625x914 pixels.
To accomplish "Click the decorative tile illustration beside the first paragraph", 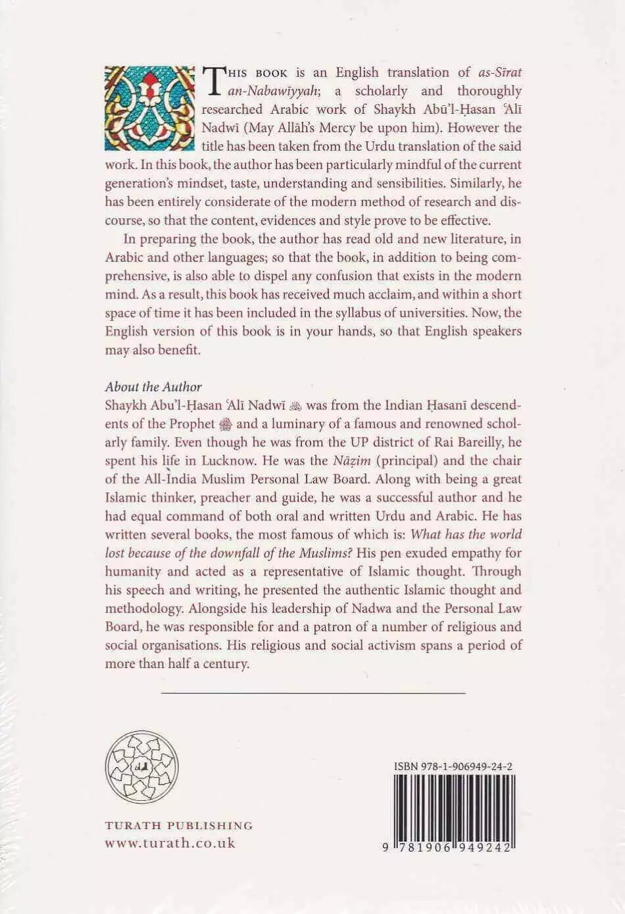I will click(x=151, y=108).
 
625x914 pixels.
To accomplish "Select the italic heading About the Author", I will click(x=153, y=387).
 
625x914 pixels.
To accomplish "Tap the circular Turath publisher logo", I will click(x=142, y=767).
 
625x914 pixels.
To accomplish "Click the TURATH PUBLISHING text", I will click(x=179, y=825).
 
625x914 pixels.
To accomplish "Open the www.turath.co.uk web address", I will click(x=170, y=843).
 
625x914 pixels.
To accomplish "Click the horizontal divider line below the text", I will click(x=313, y=692).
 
